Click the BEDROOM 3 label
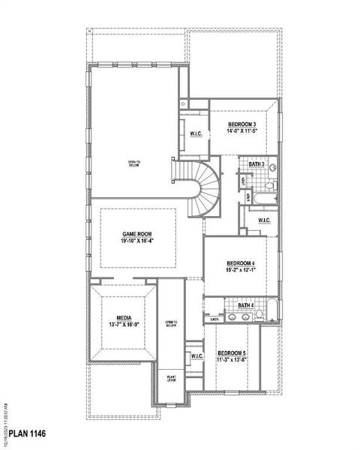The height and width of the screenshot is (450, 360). [242, 124]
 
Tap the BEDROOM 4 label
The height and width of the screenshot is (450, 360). [241, 263]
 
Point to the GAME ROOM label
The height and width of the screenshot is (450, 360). [137, 235]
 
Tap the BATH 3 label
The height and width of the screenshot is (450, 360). [256, 164]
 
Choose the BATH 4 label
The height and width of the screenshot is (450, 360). [246, 305]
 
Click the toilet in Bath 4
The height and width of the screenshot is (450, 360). [257, 318]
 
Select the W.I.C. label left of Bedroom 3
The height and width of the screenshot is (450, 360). [196, 134]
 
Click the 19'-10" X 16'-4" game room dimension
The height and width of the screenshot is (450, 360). [137, 242]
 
